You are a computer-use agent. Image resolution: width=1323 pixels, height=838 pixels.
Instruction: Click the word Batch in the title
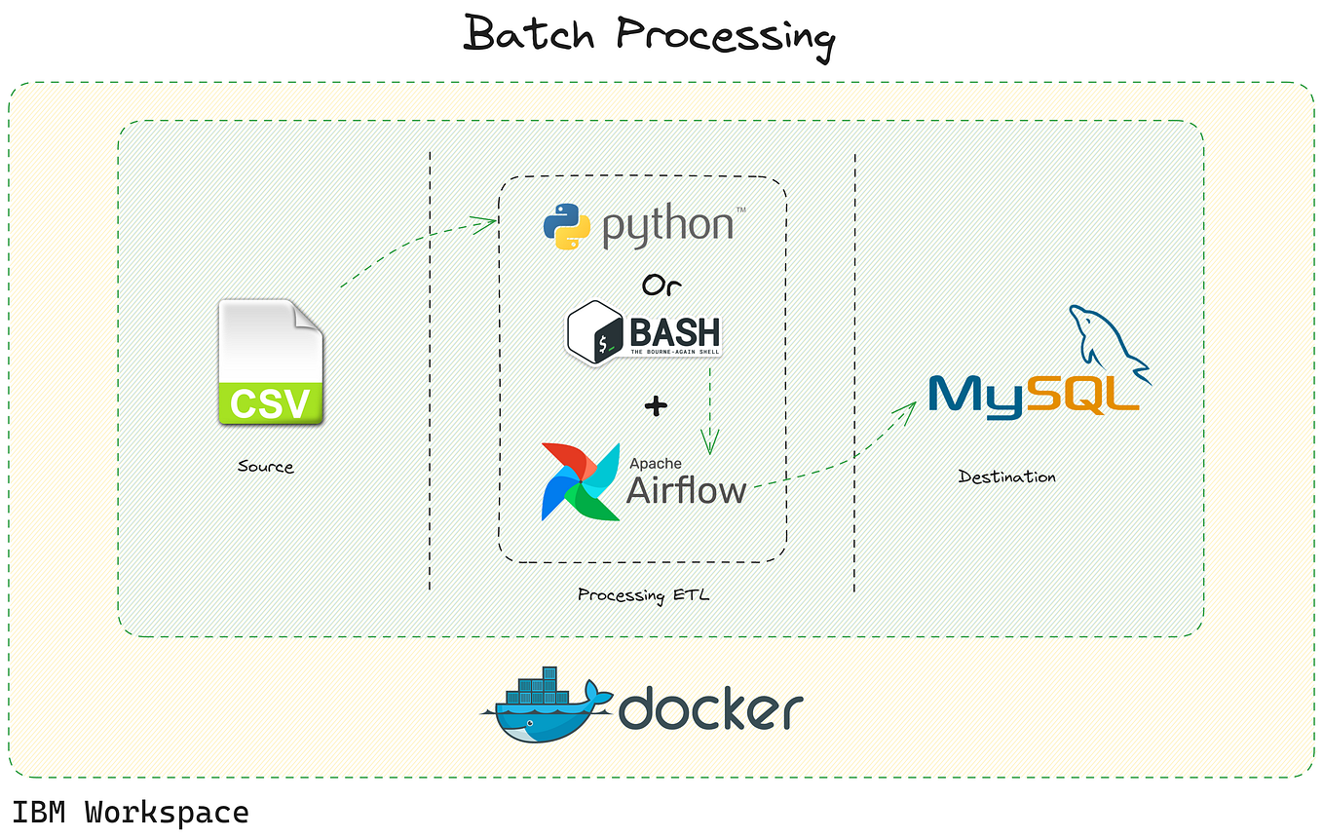point(529,35)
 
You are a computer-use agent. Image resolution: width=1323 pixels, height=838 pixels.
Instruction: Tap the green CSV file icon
point(270,363)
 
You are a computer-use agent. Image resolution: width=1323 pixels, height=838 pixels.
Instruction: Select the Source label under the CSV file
point(265,467)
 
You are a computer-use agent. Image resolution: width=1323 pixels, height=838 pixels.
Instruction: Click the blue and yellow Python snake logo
point(567,225)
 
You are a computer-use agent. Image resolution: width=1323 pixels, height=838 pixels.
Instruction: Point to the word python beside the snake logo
point(668,226)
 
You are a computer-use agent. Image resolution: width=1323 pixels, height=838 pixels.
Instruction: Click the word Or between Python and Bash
point(661,285)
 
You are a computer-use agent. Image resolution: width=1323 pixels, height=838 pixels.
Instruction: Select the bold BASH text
point(674,330)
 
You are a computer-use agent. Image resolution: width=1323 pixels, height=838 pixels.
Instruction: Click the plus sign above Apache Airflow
point(657,405)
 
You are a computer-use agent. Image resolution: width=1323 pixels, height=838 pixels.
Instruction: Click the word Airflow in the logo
point(686,489)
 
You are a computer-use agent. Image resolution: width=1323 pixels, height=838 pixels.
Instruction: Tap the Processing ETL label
point(644,594)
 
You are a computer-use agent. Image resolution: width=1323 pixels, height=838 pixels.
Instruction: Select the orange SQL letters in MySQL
point(1081,395)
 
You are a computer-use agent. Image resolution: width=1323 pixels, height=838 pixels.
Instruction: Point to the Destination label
point(1006,476)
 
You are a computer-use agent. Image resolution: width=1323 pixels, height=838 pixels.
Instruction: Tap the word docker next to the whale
point(710,708)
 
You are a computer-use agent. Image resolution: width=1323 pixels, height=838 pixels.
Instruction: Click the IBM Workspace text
point(131,812)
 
